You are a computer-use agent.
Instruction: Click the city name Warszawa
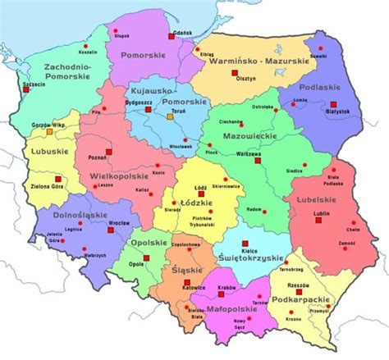[252, 152]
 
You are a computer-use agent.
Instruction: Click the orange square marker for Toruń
[170, 117]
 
